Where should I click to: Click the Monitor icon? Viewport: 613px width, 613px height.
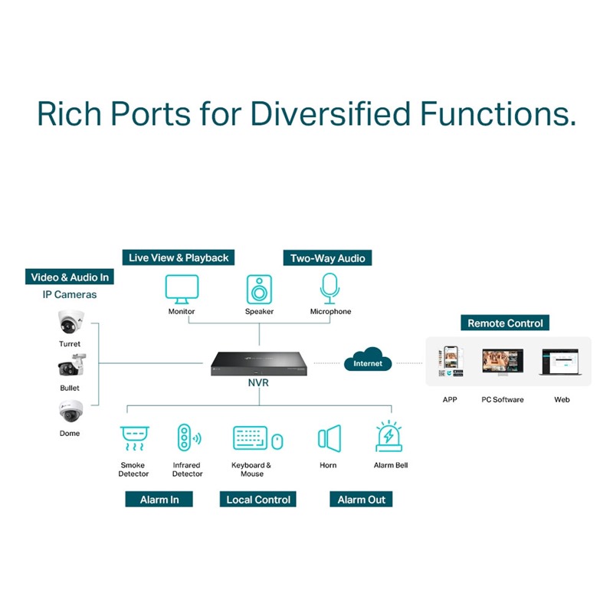click(x=182, y=288)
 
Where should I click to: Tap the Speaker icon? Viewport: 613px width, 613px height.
click(x=259, y=289)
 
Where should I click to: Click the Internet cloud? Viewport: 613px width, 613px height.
click(x=368, y=362)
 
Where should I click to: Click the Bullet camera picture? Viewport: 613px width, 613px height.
click(x=70, y=366)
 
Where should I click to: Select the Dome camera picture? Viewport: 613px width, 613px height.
click(x=70, y=412)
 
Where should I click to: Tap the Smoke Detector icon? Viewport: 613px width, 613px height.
click(x=133, y=438)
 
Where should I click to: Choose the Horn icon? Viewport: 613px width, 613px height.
click(x=329, y=438)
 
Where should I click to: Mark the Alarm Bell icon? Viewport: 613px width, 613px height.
click(x=389, y=437)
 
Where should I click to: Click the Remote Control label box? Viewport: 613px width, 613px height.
click(x=505, y=323)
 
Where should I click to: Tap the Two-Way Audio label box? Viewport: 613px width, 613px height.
click(x=327, y=258)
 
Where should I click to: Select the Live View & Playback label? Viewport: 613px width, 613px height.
click(x=179, y=257)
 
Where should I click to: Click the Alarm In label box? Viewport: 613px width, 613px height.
click(x=159, y=500)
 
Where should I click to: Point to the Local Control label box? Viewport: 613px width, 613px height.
click(x=258, y=500)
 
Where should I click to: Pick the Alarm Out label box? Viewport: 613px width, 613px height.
click(x=362, y=500)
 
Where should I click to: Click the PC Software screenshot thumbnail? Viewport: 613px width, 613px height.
click(x=502, y=362)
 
